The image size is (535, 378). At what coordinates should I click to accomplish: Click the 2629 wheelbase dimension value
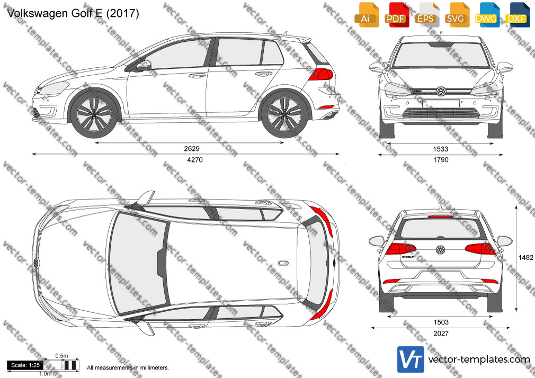coord(191,148)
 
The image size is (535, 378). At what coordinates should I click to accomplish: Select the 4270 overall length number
coord(195,160)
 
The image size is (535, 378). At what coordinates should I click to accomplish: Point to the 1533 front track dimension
coord(441,149)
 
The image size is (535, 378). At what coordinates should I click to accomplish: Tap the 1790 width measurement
coord(441,160)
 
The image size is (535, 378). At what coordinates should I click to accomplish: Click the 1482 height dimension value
coord(525,258)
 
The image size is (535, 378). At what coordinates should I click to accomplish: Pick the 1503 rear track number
coord(441,322)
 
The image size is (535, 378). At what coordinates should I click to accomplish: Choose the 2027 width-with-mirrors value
coord(441,334)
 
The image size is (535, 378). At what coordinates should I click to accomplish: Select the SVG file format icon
coord(456,15)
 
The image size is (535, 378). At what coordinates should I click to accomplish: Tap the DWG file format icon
coord(486,15)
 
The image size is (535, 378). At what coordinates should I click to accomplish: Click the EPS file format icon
coord(426,15)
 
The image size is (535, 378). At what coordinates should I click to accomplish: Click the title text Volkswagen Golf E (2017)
coord(73,13)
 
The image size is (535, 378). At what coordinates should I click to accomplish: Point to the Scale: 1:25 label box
coord(25,365)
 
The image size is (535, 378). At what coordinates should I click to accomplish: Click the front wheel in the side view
coord(94,114)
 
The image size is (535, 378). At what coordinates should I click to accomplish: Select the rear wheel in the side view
coord(284,114)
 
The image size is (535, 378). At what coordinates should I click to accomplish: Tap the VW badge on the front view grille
coord(441,91)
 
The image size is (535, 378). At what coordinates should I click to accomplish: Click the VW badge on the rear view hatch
coord(441,250)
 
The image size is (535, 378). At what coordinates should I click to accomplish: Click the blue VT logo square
coord(411,359)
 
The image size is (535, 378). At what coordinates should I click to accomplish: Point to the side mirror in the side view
coord(144,66)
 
